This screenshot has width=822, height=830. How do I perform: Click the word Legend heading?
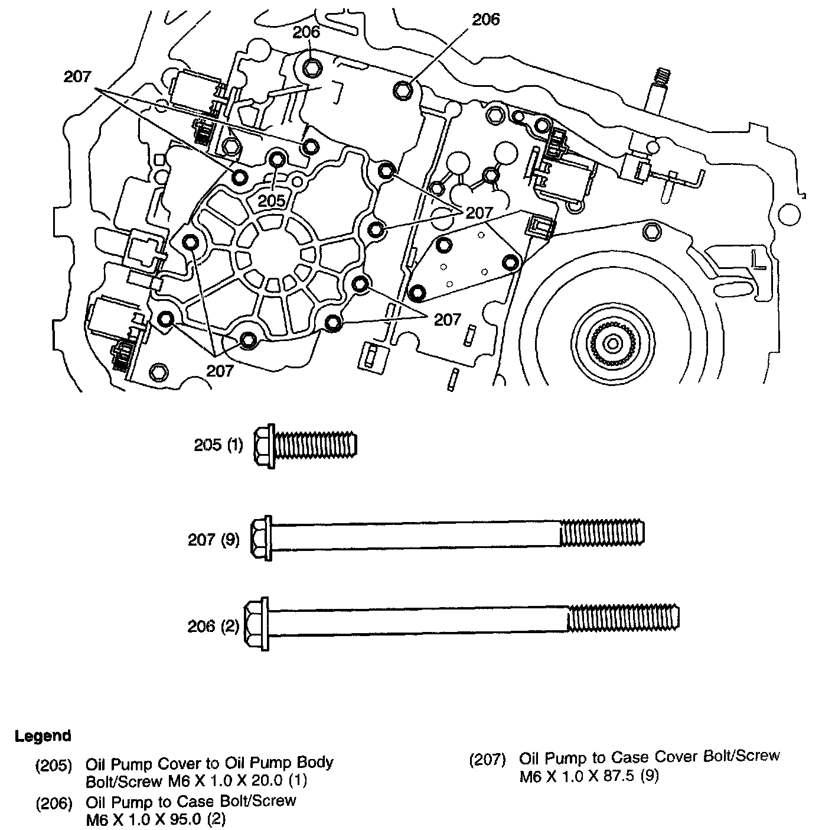[x=43, y=736]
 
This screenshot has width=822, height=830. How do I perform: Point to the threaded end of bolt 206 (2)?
[x=623, y=619]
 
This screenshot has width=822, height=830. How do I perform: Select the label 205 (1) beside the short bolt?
[x=218, y=445]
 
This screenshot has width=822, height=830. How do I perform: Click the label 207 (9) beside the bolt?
[x=214, y=540]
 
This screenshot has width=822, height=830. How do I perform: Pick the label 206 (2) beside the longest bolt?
[x=214, y=626]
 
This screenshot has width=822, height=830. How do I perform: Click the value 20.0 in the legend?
[x=262, y=781]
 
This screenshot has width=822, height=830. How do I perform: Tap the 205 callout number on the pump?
[x=272, y=200]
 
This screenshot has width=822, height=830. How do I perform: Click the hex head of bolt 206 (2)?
[x=257, y=618]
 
